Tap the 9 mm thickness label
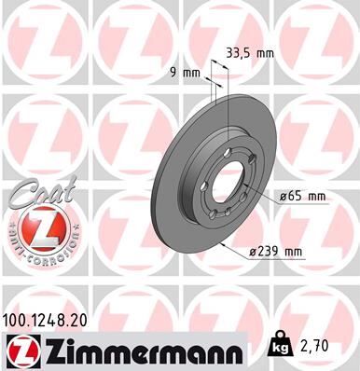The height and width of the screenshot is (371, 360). pyautogui.click(x=189, y=71)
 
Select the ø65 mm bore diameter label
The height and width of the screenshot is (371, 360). pyautogui.click(x=301, y=196)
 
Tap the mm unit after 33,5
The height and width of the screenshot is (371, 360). pyautogui.click(x=265, y=52)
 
